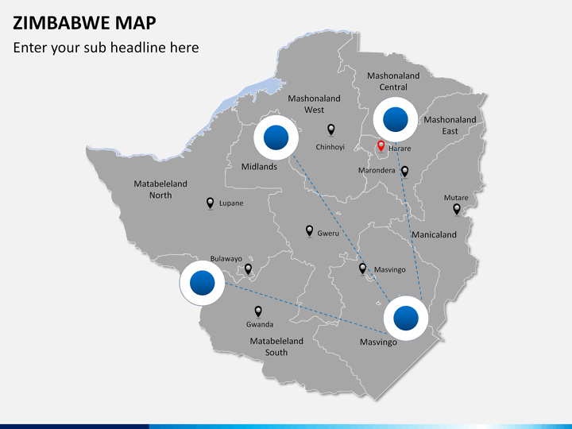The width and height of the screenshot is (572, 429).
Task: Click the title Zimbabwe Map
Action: (x=84, y=21)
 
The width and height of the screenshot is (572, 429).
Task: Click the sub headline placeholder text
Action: (x=106, y=48)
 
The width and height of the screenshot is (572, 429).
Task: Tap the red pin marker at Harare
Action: (x=381, y=146)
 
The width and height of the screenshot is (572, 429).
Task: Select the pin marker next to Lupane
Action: (x=210, y=203)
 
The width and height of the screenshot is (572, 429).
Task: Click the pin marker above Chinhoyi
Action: (x=331, y=129)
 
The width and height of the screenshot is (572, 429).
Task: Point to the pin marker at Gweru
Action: (x=310, y=231)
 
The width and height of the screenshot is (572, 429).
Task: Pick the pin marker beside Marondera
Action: (x=404, y=171)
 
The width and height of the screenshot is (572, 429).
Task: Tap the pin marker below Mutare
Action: (x=456, y=209)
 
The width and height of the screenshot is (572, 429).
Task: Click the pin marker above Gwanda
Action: (x=257, y=311)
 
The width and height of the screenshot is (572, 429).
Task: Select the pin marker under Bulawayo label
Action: (x=248, y=269)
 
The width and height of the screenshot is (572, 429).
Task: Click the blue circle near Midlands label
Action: (x=276, y=139)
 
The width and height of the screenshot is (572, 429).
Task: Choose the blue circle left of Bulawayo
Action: (x=203, y=283)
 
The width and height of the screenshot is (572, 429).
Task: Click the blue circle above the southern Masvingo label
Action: (x=405, y=318)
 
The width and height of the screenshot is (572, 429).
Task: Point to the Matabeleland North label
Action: (x=160, y=189)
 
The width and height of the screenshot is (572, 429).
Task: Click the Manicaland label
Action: (x=434, y=234)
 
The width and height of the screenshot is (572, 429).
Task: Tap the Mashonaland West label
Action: (x=314, y=104)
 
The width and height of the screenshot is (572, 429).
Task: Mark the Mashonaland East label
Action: (x=450, y=126)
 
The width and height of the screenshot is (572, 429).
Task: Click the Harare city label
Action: (x=399, y=148)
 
